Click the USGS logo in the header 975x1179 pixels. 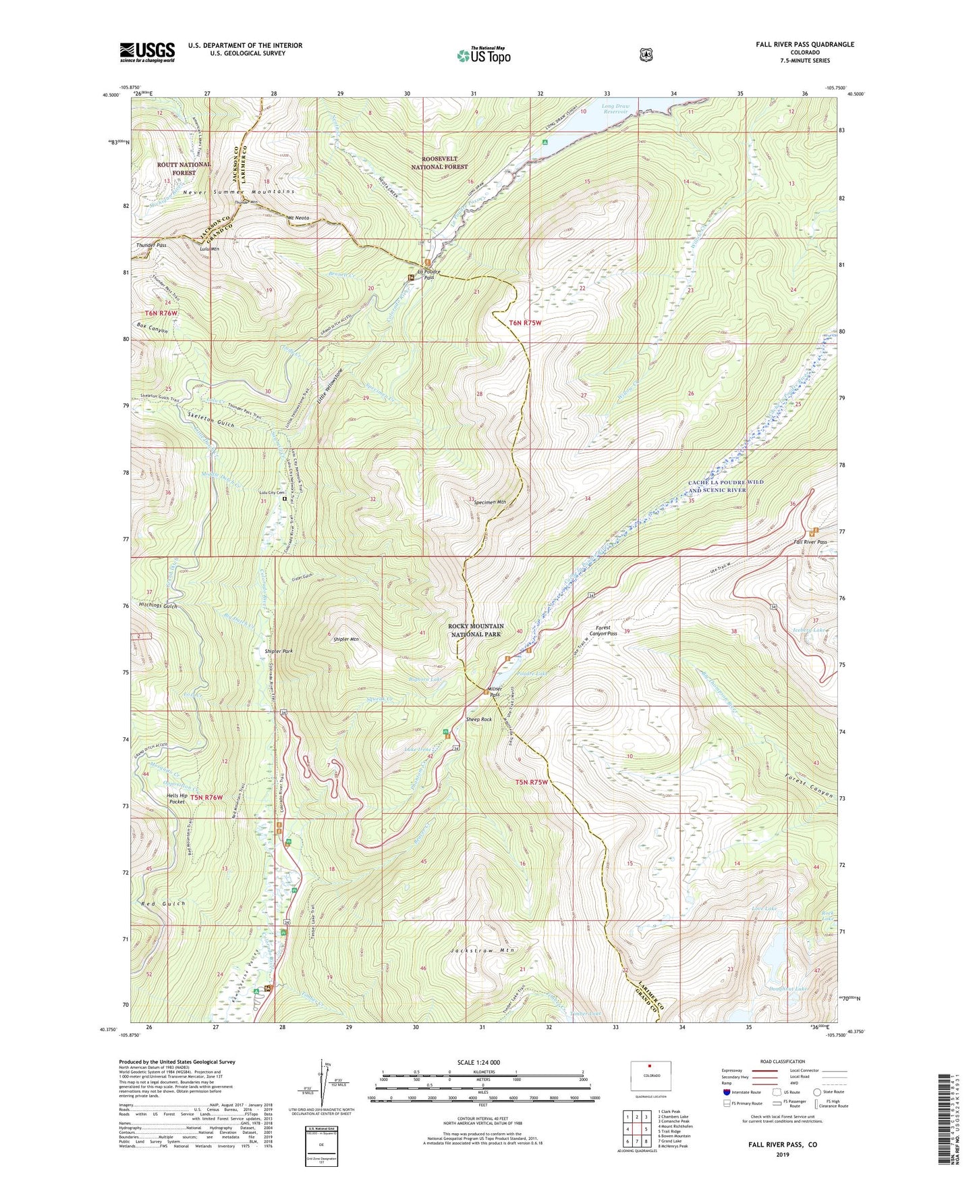(147, 52)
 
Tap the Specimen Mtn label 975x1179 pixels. (490, 502)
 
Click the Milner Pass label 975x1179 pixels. (495, 691)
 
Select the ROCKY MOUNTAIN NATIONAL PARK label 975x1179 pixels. (476, 630)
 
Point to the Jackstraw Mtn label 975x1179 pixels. (482, 950)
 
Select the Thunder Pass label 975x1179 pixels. (151, 245)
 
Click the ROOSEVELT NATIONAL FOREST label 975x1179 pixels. (439, 162)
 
